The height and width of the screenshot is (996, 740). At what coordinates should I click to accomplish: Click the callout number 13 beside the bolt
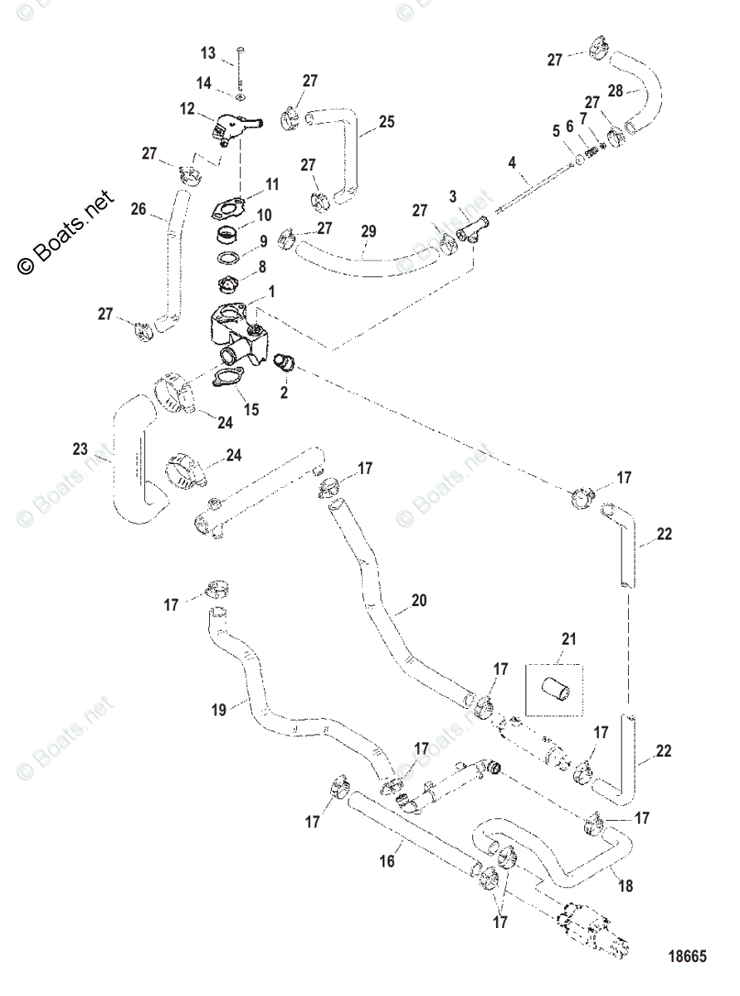pyautogui.click(x=208, y=53)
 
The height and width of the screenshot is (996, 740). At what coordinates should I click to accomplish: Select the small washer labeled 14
pyautogui.click(x=241, y=96)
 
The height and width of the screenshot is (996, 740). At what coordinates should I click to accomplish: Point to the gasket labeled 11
pyautogui.click(x=227, y=209)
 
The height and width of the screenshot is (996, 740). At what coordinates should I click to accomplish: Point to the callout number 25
pyautogui.click(x=387, y=122)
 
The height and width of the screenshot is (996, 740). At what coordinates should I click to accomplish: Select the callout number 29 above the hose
pyautogui.click(x=368, y=232)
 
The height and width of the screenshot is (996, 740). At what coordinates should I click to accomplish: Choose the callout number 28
pyautogui.click(x=616, y=90)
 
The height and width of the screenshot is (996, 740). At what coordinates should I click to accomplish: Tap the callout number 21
pyautogui.click(x=569, y=638)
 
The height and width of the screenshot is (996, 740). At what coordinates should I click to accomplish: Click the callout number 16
pyautogui.click(x=387, y=861)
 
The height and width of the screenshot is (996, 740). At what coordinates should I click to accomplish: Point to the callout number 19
pyautogui.click(x=219, y=710)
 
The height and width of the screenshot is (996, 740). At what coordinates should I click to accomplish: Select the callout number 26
pyautogui.click(x=139, y=209)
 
